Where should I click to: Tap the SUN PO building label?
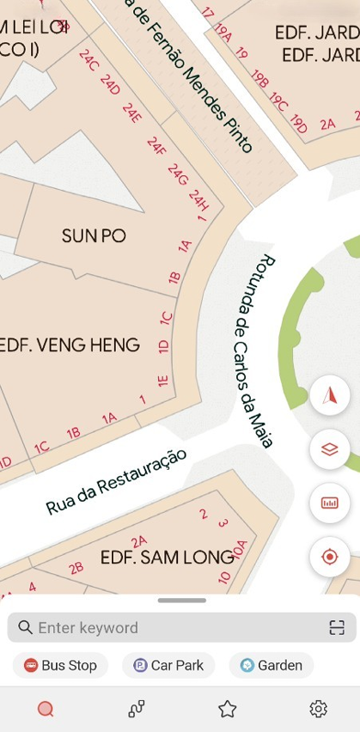[94, 235]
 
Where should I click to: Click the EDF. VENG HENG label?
[70, 345]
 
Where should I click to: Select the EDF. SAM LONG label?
[167, 558]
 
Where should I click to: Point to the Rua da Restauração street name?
[116, 482]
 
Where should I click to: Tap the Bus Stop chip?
[60, 665]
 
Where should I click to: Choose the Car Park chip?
[168, 665]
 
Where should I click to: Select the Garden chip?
[272, 665]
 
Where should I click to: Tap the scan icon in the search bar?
[337, 628]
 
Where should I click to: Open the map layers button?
[330, 449]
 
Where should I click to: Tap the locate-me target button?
[330, 557]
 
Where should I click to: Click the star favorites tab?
[228, 709]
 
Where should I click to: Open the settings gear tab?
[319, 709]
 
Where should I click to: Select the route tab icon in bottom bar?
[137, 709]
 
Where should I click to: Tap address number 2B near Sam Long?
[76, 567]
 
